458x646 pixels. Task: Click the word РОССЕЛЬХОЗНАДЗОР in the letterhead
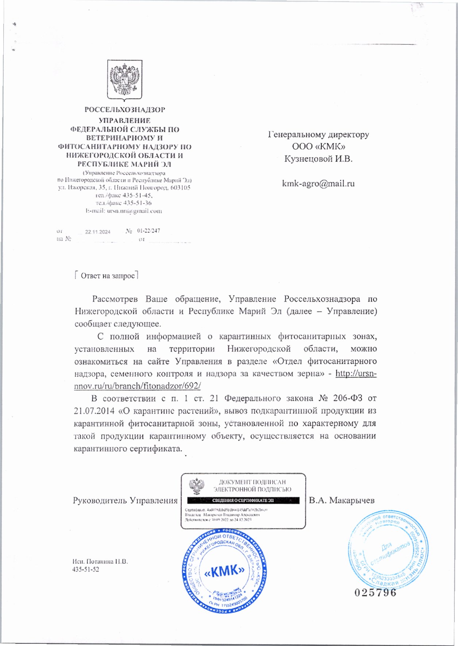124,110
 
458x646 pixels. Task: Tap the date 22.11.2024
97,232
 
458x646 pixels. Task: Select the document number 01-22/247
149,231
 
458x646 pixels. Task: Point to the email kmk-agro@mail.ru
318,183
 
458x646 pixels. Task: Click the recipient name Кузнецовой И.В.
318,159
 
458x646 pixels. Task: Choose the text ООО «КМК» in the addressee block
318,146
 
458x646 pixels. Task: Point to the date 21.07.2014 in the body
94,411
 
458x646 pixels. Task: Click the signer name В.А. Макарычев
342,500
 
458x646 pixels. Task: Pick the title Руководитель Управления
125,500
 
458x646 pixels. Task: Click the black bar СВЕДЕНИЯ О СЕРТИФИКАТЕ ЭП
243,500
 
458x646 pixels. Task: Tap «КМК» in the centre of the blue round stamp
224,571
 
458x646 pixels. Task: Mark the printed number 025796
375,592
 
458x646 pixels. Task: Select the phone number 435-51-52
86,569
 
